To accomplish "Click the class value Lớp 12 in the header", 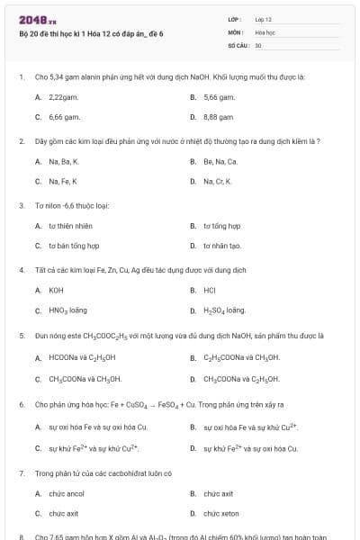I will [x=263, y=18].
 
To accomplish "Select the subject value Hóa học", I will [x=265, y=31].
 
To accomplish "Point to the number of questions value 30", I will [x=258, y=44].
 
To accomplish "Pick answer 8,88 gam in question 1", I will [x=219, y=117].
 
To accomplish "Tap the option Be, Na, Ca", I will [x=220, y=161].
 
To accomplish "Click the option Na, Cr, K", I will [x=219, y=182].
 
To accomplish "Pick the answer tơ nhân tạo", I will [x=222, y=246].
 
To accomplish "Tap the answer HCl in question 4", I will [x=210, y=290].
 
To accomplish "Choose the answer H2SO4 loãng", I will [x=224, y=310].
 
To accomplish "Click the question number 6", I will [x=21, y=404].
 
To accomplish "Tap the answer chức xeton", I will [x=221, y=513].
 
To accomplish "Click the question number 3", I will [x=21, y=205].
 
